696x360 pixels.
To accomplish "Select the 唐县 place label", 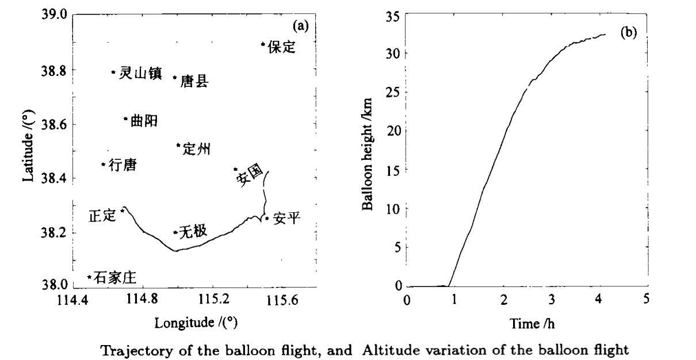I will [194, 82].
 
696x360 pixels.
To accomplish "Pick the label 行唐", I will [123, 165].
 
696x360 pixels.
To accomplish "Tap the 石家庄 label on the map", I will [114, 278].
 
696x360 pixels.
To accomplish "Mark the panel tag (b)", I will [628, 33].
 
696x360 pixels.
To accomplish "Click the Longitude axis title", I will [196, 323].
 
